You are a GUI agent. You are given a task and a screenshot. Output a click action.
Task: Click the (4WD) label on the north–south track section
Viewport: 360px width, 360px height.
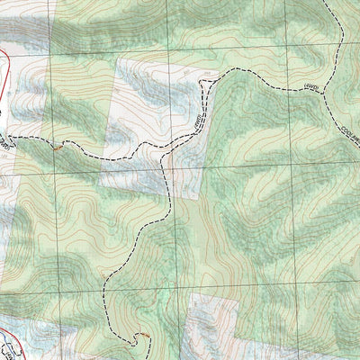pos(193,122)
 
